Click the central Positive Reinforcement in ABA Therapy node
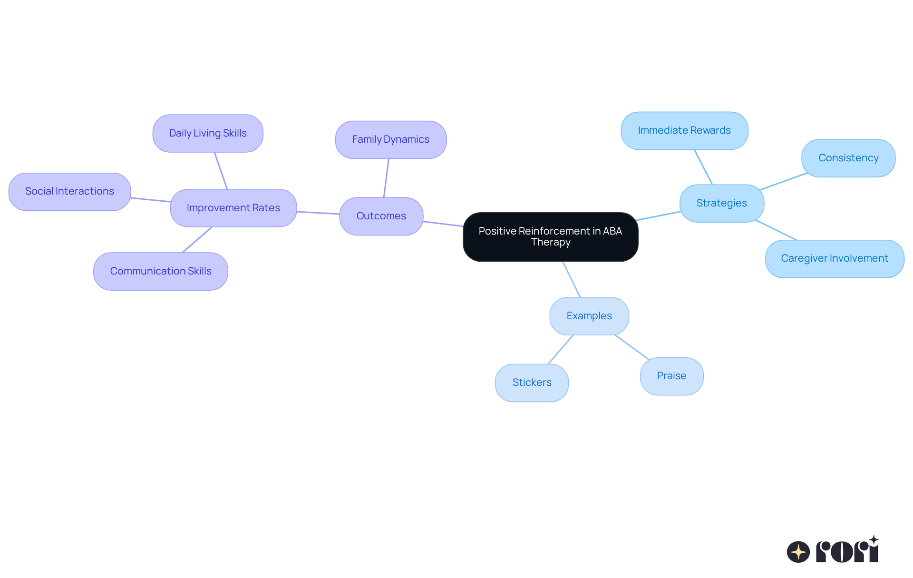coord(550,236)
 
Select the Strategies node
coord(721,203)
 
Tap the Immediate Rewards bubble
coord(684,130)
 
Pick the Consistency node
coord(848,158)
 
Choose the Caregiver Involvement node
coord(834,258)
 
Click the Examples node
coord(589,316)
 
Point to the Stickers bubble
coord(532,382)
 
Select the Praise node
coord(671,376)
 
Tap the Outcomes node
coord(381,216)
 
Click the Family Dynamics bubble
coord(390,139)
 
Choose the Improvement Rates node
coord(233,208)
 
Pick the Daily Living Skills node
coord(208,133)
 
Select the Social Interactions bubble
coord(69,191)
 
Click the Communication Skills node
coord(161,271)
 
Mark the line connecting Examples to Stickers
coord(561,350)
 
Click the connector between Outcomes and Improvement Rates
coord(318,213)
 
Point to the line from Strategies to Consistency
coord(783,181)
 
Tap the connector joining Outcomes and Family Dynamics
coord(386,178)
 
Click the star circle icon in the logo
coord(798,552)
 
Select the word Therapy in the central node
coord(550,242)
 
